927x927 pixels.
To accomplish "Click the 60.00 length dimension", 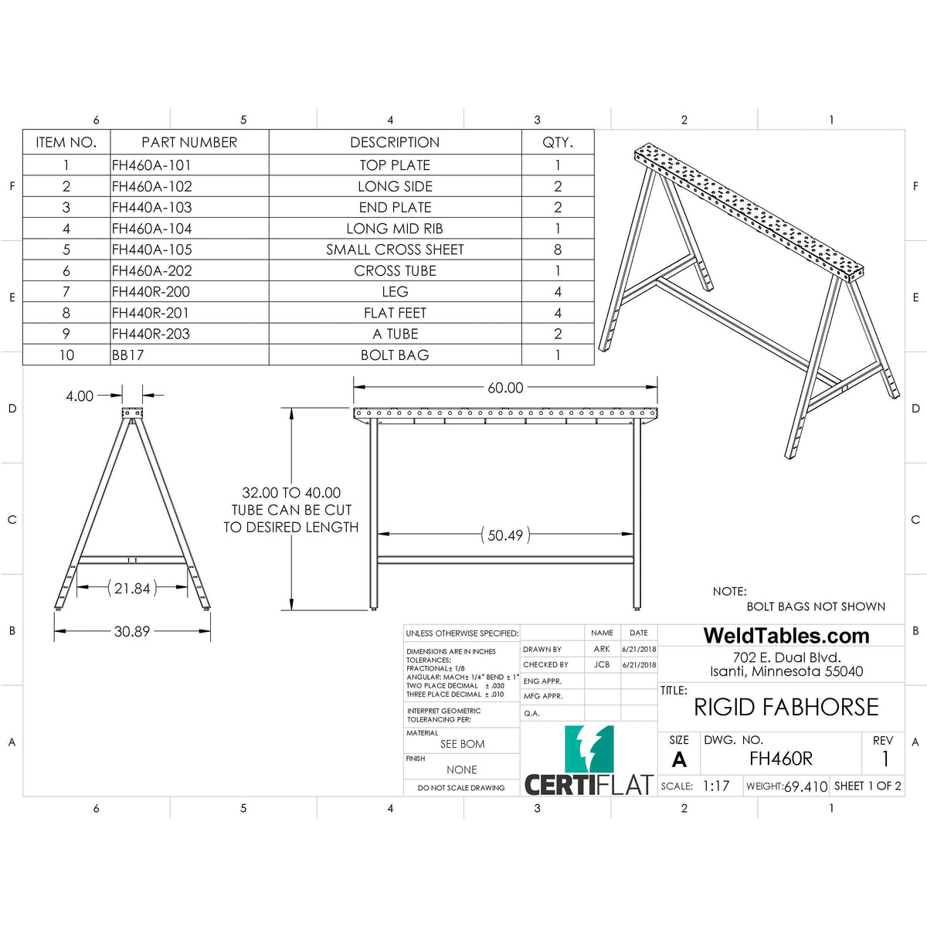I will pyautogui.click(x=505, y=388).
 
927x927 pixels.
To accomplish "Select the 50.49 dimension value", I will pyautogui.click(x=505, y=535).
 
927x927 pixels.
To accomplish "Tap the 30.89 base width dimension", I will pyautogui.click(x=131, y=631).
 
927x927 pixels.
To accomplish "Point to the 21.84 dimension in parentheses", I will pyautogui.click(x=132, y=588).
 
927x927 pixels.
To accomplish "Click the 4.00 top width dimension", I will pyautogui.click(x=80, y=396).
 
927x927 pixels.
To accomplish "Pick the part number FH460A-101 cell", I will pyautogui.click(x=151, y=165).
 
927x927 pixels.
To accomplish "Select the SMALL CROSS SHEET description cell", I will pyautogui.click(x=395, y=250).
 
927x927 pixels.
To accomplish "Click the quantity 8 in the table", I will pyautogui.click(x=558, y=250).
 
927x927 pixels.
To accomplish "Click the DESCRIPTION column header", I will pyautogui.click(x=395, y=142).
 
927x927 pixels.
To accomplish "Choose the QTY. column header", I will pyautogui.click(x=558, y=142).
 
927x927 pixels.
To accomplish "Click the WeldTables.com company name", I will pyautogui.click(x=786, y=636).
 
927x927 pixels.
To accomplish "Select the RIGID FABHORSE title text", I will pyautogui.click(x=786, y=707).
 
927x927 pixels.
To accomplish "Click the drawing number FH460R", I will pyautogui.click(x=781, y=759).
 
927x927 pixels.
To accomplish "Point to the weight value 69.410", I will pyautogui.click(x=806, y=786).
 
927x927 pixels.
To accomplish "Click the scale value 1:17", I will pyautogui.click(x=716, y=786).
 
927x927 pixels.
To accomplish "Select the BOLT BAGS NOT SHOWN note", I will pyautogui.click(x=816, y=606).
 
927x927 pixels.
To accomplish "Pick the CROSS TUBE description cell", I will pyautogui.click(x=395, y=270).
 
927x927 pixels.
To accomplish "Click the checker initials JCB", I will pyautogui.click(x=602, y=664).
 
